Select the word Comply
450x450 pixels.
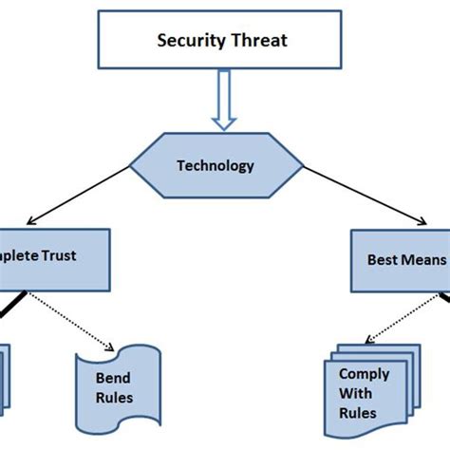(364, 374)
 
